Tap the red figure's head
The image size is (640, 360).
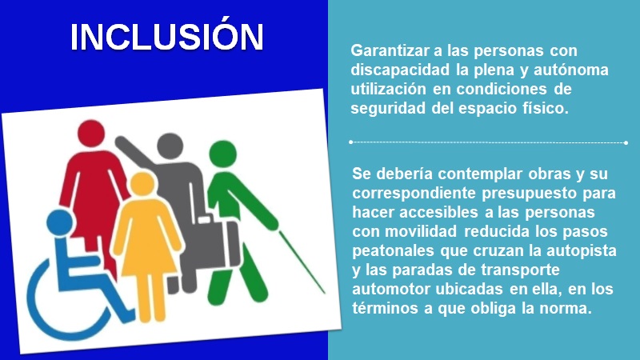[91, 134]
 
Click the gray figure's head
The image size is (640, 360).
[170, 146]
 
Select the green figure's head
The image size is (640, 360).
[223, 154]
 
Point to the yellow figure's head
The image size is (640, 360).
[142, 184]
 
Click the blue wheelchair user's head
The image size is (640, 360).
[60, 223]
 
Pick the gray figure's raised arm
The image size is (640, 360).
[134, 152]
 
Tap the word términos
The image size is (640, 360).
[386, 308]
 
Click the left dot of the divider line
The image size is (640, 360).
[351, 142]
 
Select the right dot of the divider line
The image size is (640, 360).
[626, 143]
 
